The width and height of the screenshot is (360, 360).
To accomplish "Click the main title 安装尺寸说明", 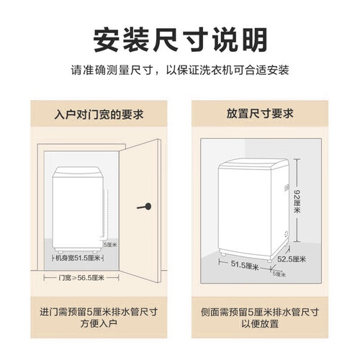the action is click(x=180, y=40).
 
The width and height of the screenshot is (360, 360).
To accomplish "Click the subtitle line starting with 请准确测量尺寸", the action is click(x=180, y=70).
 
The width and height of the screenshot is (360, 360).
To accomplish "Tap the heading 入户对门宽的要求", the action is click(x=99, y=114).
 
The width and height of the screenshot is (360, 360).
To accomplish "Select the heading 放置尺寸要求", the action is click(x=260, y=114).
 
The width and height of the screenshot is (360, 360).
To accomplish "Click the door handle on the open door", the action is click(x=145, y=207).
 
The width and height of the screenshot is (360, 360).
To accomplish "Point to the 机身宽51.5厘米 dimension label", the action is click(x=78, y=258).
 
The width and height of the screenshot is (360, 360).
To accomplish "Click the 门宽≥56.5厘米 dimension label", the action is click(x=81, y=278).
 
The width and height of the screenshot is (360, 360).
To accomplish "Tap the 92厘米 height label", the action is click(x=297, y=201).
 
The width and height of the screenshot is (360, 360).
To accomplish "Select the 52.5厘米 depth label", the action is click(x=292, y=259).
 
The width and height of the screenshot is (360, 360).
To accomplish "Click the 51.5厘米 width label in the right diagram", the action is click(x=245, y=265).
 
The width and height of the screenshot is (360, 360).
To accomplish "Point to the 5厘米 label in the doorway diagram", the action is click(x=111, y=245).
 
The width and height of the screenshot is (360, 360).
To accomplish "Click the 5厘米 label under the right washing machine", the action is click(x=279, y=274).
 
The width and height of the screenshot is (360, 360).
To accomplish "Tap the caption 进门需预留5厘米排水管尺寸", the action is click(x=99, y=312).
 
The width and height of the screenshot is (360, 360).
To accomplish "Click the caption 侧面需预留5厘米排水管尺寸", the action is click(x=260, y=312).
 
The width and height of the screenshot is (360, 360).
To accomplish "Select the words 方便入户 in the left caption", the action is click(x=99, y=323).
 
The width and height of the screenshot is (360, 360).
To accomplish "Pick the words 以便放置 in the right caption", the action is click(x=260, y=323).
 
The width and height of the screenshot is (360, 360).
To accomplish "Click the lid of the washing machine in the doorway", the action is click(x=78, y=172).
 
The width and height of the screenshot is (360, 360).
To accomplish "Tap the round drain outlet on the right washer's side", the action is click(x=287, y=233).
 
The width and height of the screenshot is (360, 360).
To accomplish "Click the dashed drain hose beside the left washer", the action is click(x=106, y=214).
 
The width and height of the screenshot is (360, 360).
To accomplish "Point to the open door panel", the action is click(x=140, y=211).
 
